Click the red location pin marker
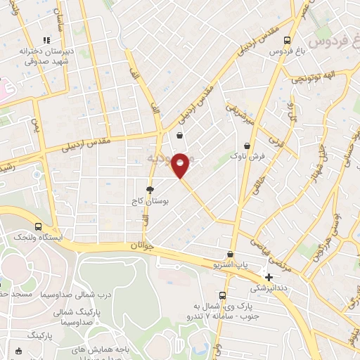pyautogui.click(x=181, y=165)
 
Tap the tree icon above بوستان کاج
pyautogui.click(x=149, y=190)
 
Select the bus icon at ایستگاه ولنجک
pyautogui.click(x=37, y=227)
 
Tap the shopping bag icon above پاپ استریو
pyautogui.click(x=230, y=254)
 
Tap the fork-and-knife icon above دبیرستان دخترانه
pyautogui.click(x=46, y=40)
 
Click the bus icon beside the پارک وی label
pyautogui.click(x=222, y=295)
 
